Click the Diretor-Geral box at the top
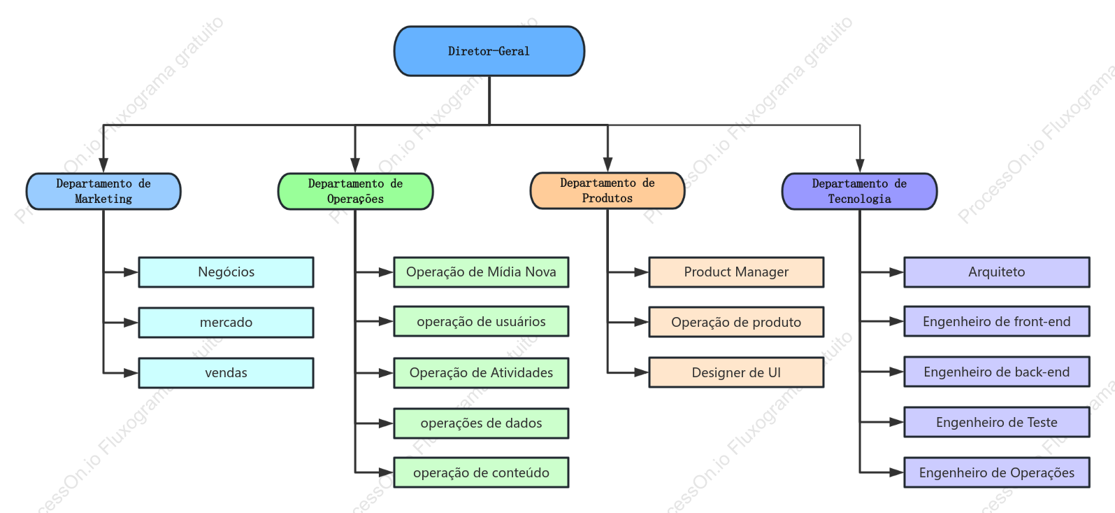click(x=489, y=51)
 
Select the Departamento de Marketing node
click(x=103, y=192)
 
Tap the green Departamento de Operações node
click(x=355, y=192)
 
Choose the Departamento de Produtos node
click(x=607, y=191)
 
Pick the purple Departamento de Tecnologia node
click(x=860, y=192)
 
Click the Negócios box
click(x=226, y=272)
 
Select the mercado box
click(x=226, y=323)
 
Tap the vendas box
click(x=226, y=373)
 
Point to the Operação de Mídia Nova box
click(x=482, y=272)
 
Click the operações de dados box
click(x=482, y=423)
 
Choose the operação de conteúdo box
click(x=482, y=472)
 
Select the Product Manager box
click(x=736, y=272)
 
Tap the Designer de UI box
click(x=736, y=372)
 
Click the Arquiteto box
click(x=997, y=272)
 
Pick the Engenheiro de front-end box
click(x=997, y=321)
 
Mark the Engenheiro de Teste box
click(x=997, y=422)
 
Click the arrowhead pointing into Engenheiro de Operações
click(x=897, y=472)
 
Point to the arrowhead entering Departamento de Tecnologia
click(x=860, y=165)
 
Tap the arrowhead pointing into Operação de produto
click(x=642, y=323)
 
